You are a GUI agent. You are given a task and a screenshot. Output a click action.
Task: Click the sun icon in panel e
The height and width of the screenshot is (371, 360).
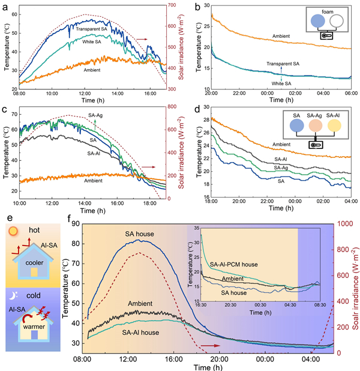13,232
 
